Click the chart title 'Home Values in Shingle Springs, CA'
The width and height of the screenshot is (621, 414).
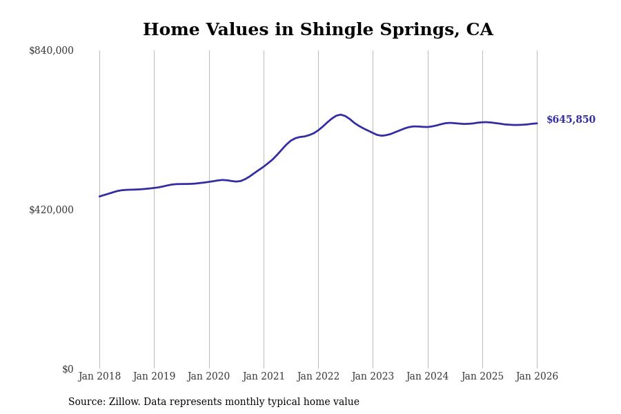[x=317, y=30]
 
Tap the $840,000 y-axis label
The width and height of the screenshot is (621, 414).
[x=51, y=50]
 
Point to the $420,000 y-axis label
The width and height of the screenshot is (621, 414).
[x=51, y=210]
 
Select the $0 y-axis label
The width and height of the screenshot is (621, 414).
[x=67, y=369]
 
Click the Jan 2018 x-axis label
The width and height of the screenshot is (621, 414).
[x=99, y=377]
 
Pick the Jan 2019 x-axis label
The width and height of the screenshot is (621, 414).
[x=154, y=377]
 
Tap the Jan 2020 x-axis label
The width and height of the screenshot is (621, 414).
[x=208, y=377]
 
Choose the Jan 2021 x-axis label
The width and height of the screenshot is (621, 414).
[x=264, y=377]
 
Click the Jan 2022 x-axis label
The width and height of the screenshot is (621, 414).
[x=318, y=377]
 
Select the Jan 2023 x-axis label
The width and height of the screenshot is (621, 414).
[x=373, y=377]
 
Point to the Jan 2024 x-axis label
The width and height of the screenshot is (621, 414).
[x=427, y=377]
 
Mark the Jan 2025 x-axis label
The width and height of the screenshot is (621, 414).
[x=482, y=377]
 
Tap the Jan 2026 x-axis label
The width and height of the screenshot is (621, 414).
[x=537, y=377]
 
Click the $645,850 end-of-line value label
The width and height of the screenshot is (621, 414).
[x=571, y=120]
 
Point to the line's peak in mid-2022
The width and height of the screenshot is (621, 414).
[x=340, y=115]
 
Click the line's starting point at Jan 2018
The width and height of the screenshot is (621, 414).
[x=99, y=197]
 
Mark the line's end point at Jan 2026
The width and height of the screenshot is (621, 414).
[x=537, y=124]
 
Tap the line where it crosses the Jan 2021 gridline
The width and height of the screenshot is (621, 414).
[x=264, y=166]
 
